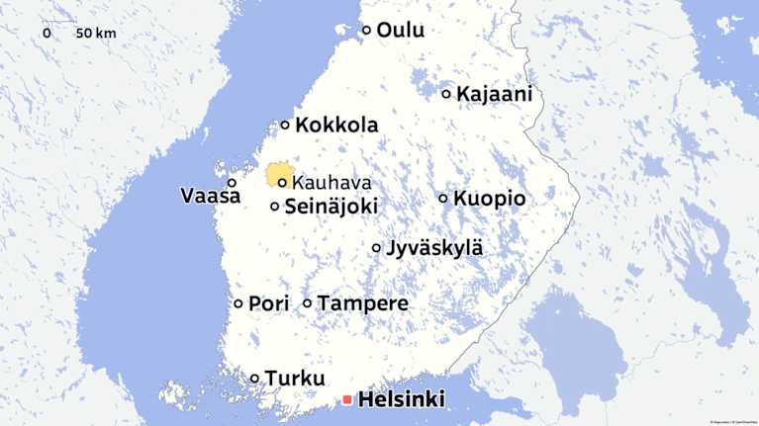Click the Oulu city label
pyautogui.click(x=400, y=31)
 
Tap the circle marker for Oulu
pyautogui.click(x=366, y=31)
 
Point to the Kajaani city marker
pyautogui.click(x=446, y=94)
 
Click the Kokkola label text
pyautogui.click(x=336, y=126)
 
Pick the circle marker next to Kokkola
pyautogui.click(x=286, y=126)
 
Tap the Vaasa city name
pyautogui.click(x=210, y=196)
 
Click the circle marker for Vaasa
pyautogui.click(x=233, y=183)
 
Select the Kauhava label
pyautogui.click(x=332, y=183)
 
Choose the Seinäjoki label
pyautogui.click(x=331, y=208)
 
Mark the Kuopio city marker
pyautogui.click(x=443, y=198)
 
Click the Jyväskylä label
pyautogui.click(x=434, y=248)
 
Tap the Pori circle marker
pyautogui.click(x=238, y=303)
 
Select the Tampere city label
pyautogui.click(x=362, y=303)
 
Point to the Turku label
pyautogui.click(x=295, y=379)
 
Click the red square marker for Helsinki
pyautogui.click(x=346, y=400)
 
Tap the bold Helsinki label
pyautogui.click(x=401, y=400)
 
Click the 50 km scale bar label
pyautogui.click(x=95, y=34)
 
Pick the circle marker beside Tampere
pyautogui.click(x=307, y=303)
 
